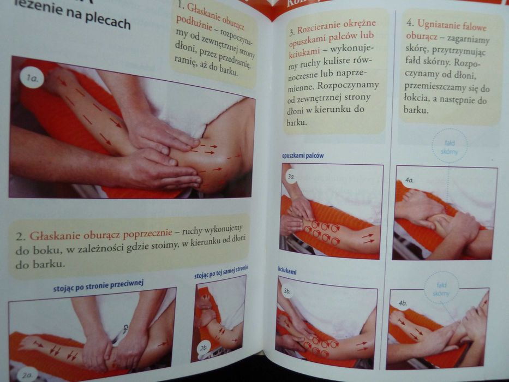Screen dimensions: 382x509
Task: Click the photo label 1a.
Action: [x=32, y=80]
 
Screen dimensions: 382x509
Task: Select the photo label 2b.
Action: [x=204, y=347]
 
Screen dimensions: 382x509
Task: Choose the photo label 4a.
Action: [x=409, y=180]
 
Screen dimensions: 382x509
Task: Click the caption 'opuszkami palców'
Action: [x=303, y=156]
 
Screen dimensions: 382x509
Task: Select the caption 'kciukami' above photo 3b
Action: [x=287, y=271]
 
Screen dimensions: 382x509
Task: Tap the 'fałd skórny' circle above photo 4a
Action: [x=449, y=146]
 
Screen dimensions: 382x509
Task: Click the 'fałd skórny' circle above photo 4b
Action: [x=441, y=288]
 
